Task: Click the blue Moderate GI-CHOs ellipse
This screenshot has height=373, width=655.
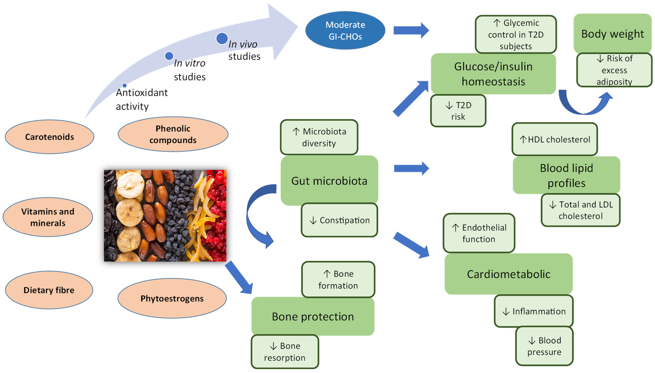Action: tap(345, 30)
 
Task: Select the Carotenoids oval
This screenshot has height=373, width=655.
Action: tap(49, 137)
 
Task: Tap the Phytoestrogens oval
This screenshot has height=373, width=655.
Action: tap(172, 298)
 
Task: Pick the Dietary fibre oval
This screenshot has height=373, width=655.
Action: tap(49, 290)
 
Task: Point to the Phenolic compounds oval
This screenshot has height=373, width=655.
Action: tap(173, 134)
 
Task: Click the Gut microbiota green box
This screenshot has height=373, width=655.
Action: tap(329, 181)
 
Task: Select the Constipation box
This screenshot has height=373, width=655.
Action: tap(339, 220)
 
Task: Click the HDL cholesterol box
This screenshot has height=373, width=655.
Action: tap(555, 139)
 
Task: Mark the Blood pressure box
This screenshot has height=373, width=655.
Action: tap(544, 346)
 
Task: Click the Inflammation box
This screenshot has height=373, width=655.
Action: tap(534, 311)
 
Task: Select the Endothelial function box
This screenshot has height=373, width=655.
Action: tap(479, 233)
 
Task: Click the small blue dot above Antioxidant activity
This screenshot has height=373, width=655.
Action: tap(125, 85)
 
